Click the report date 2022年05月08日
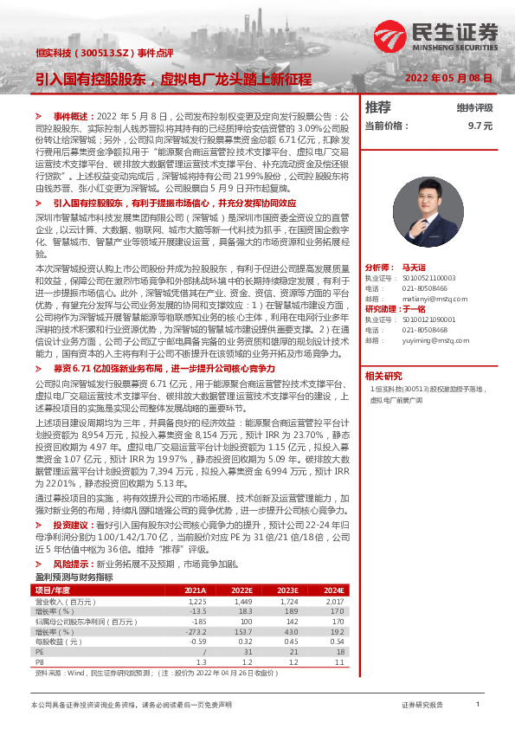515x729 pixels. pyautogui.click(x=449, y=78)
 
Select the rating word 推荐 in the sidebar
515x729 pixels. pyautogui.click(x=378, y=107)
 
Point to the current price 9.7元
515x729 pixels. pyautogui.click(x=480, y=125)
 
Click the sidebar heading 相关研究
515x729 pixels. pyautogui.click(x=383, y=376)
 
